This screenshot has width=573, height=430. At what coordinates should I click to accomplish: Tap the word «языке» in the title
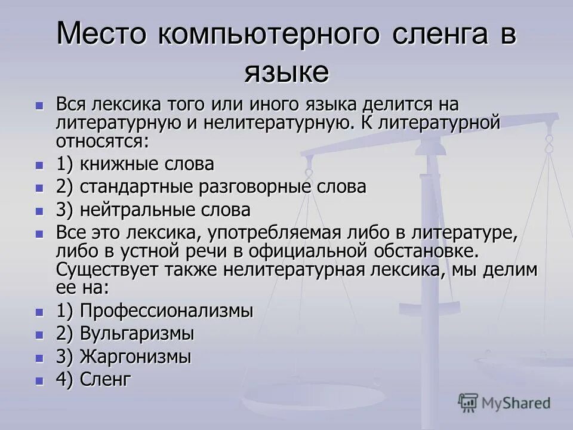click(x=286, y=72)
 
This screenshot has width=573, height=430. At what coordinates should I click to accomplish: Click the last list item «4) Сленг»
click(x=93, y=379)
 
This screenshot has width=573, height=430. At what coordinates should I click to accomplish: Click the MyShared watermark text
click(x=516, y=403)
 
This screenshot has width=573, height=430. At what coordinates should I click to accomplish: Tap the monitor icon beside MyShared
click(x=468, y=403)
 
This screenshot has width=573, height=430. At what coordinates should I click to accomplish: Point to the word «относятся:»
click(x=103, y=141)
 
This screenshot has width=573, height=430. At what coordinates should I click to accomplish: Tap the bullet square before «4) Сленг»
click(x=40, y=380)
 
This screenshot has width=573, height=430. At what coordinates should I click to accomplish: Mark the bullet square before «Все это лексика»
click(x=40, y=233)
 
